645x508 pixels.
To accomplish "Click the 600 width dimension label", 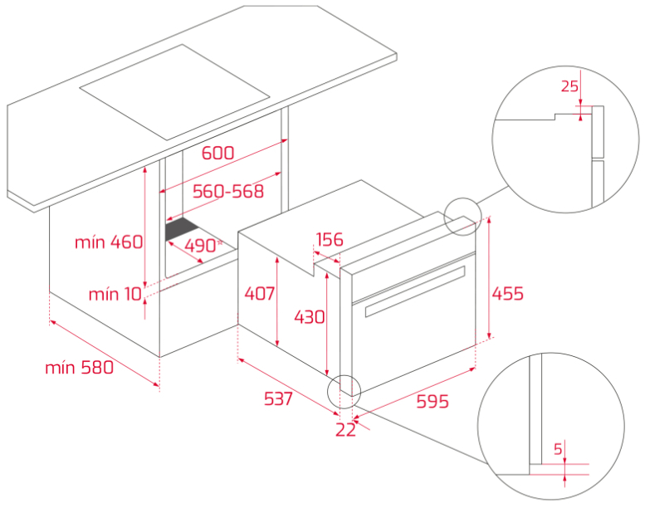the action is (217, 153).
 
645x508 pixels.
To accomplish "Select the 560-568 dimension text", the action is (228, 191).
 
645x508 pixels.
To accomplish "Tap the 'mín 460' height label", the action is (109, 242).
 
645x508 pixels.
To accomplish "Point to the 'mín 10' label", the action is (115, 294).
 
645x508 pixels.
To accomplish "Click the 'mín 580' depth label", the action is (79, 368).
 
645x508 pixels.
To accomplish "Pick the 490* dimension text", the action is (203, 246).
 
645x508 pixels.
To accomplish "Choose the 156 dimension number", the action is (329, 239).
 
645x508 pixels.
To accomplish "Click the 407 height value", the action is (259, 294).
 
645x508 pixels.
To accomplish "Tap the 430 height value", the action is (310, 317).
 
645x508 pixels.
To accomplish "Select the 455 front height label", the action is (507, 294).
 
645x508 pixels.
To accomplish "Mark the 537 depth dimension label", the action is (278, 398).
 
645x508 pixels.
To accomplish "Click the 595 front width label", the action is (432, 401).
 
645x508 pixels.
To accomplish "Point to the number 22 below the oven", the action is (345, 430).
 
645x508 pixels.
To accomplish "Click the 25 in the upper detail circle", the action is (569, 86).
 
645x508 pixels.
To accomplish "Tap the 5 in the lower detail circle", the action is (558, 449).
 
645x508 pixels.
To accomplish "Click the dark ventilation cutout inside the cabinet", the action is (182, 229).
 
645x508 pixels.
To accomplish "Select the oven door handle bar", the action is (415, 291).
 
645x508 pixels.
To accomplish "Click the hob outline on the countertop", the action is (174, 92).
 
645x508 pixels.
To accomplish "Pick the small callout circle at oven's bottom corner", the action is (344, 392).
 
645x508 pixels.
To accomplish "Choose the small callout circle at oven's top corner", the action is (462, 217).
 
